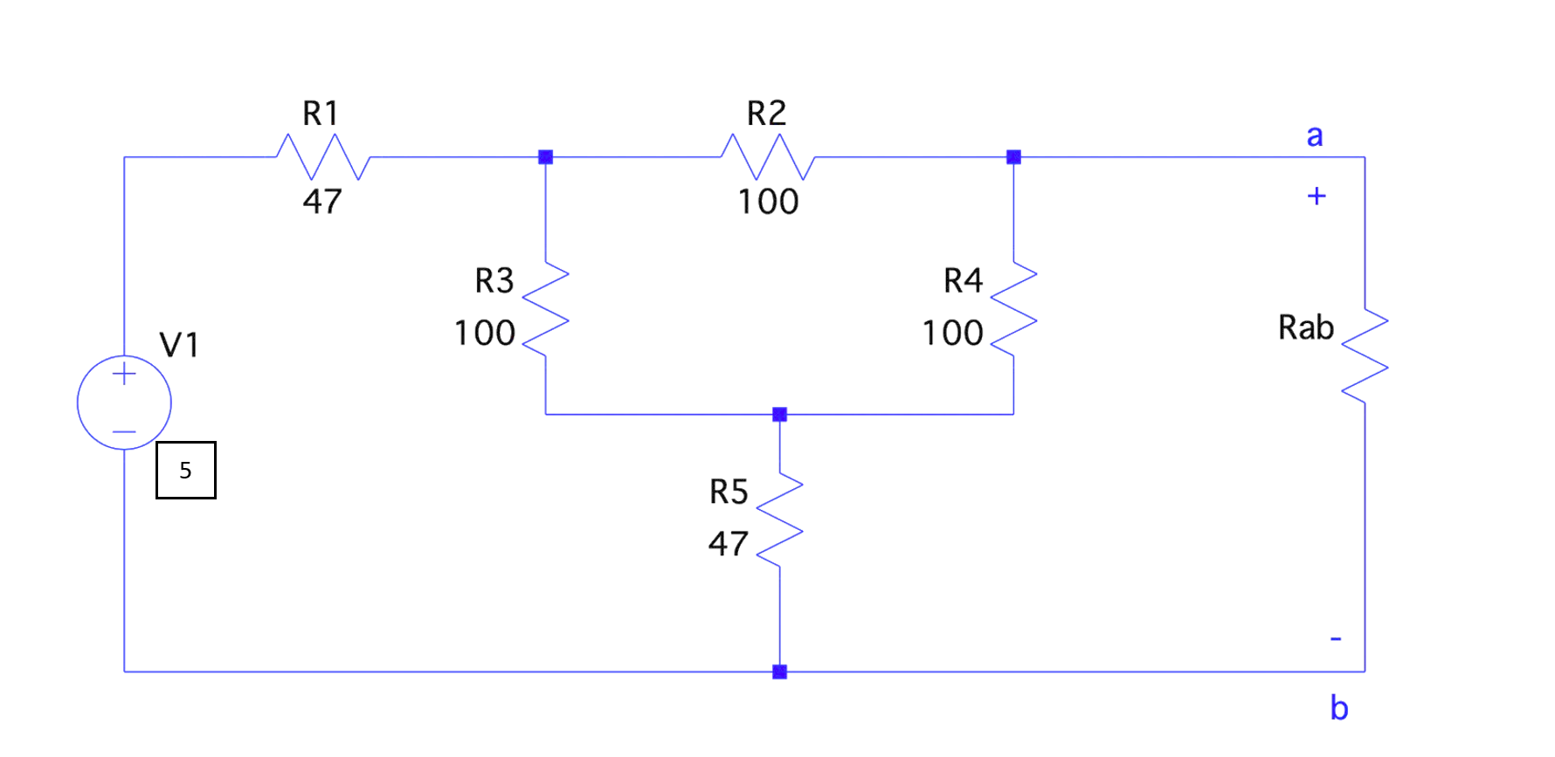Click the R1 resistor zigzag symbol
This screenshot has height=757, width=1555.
[323, 157]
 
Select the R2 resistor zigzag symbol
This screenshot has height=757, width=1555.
[767, 157]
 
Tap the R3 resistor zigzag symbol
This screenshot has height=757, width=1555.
[546, 309]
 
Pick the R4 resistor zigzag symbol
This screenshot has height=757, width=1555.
[1013, 309]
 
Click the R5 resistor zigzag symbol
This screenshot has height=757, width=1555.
[779, 520]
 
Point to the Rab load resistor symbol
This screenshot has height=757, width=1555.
[1365, 355]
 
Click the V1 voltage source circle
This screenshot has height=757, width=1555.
[124, 403]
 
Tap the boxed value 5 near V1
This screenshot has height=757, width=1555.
[185, 471]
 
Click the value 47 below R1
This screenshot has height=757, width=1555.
[322, 202]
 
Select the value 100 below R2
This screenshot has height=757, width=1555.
[768, 202]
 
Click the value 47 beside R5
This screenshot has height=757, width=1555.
[728, 544]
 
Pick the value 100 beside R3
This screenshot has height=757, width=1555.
[485, 333]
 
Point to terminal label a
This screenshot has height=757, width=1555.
[1314, 136]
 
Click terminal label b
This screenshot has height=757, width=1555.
[1338, 707]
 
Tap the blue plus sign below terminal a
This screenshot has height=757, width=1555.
[1317, 196]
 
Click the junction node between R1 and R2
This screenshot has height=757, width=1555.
[546, 157]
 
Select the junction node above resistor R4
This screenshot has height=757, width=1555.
[1013, 157]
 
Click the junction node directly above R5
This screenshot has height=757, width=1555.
[780, 414]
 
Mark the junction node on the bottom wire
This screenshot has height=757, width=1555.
[780, 671]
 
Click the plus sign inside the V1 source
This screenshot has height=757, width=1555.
[124, 375]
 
